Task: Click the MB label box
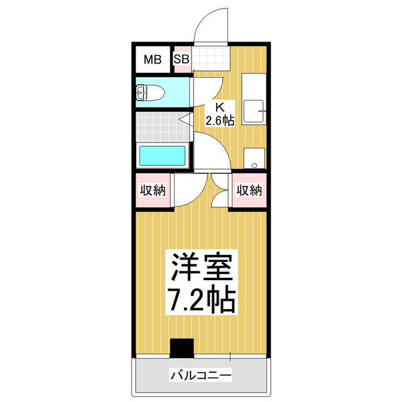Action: click(x=153, y=60)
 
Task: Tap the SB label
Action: click(x=182, y=60)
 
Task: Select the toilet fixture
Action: click(x=149, y=94)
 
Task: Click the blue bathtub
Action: click(x=162, y=156)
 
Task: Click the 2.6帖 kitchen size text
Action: click(x=220, y=120)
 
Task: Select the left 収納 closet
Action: click(x=153, y=190)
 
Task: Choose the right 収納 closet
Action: click(x=249, y=190)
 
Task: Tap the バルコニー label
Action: click(x=201, y=376)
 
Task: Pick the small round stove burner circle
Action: click(x=254, y=165)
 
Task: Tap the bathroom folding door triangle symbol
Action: click(x=186, y=118)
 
